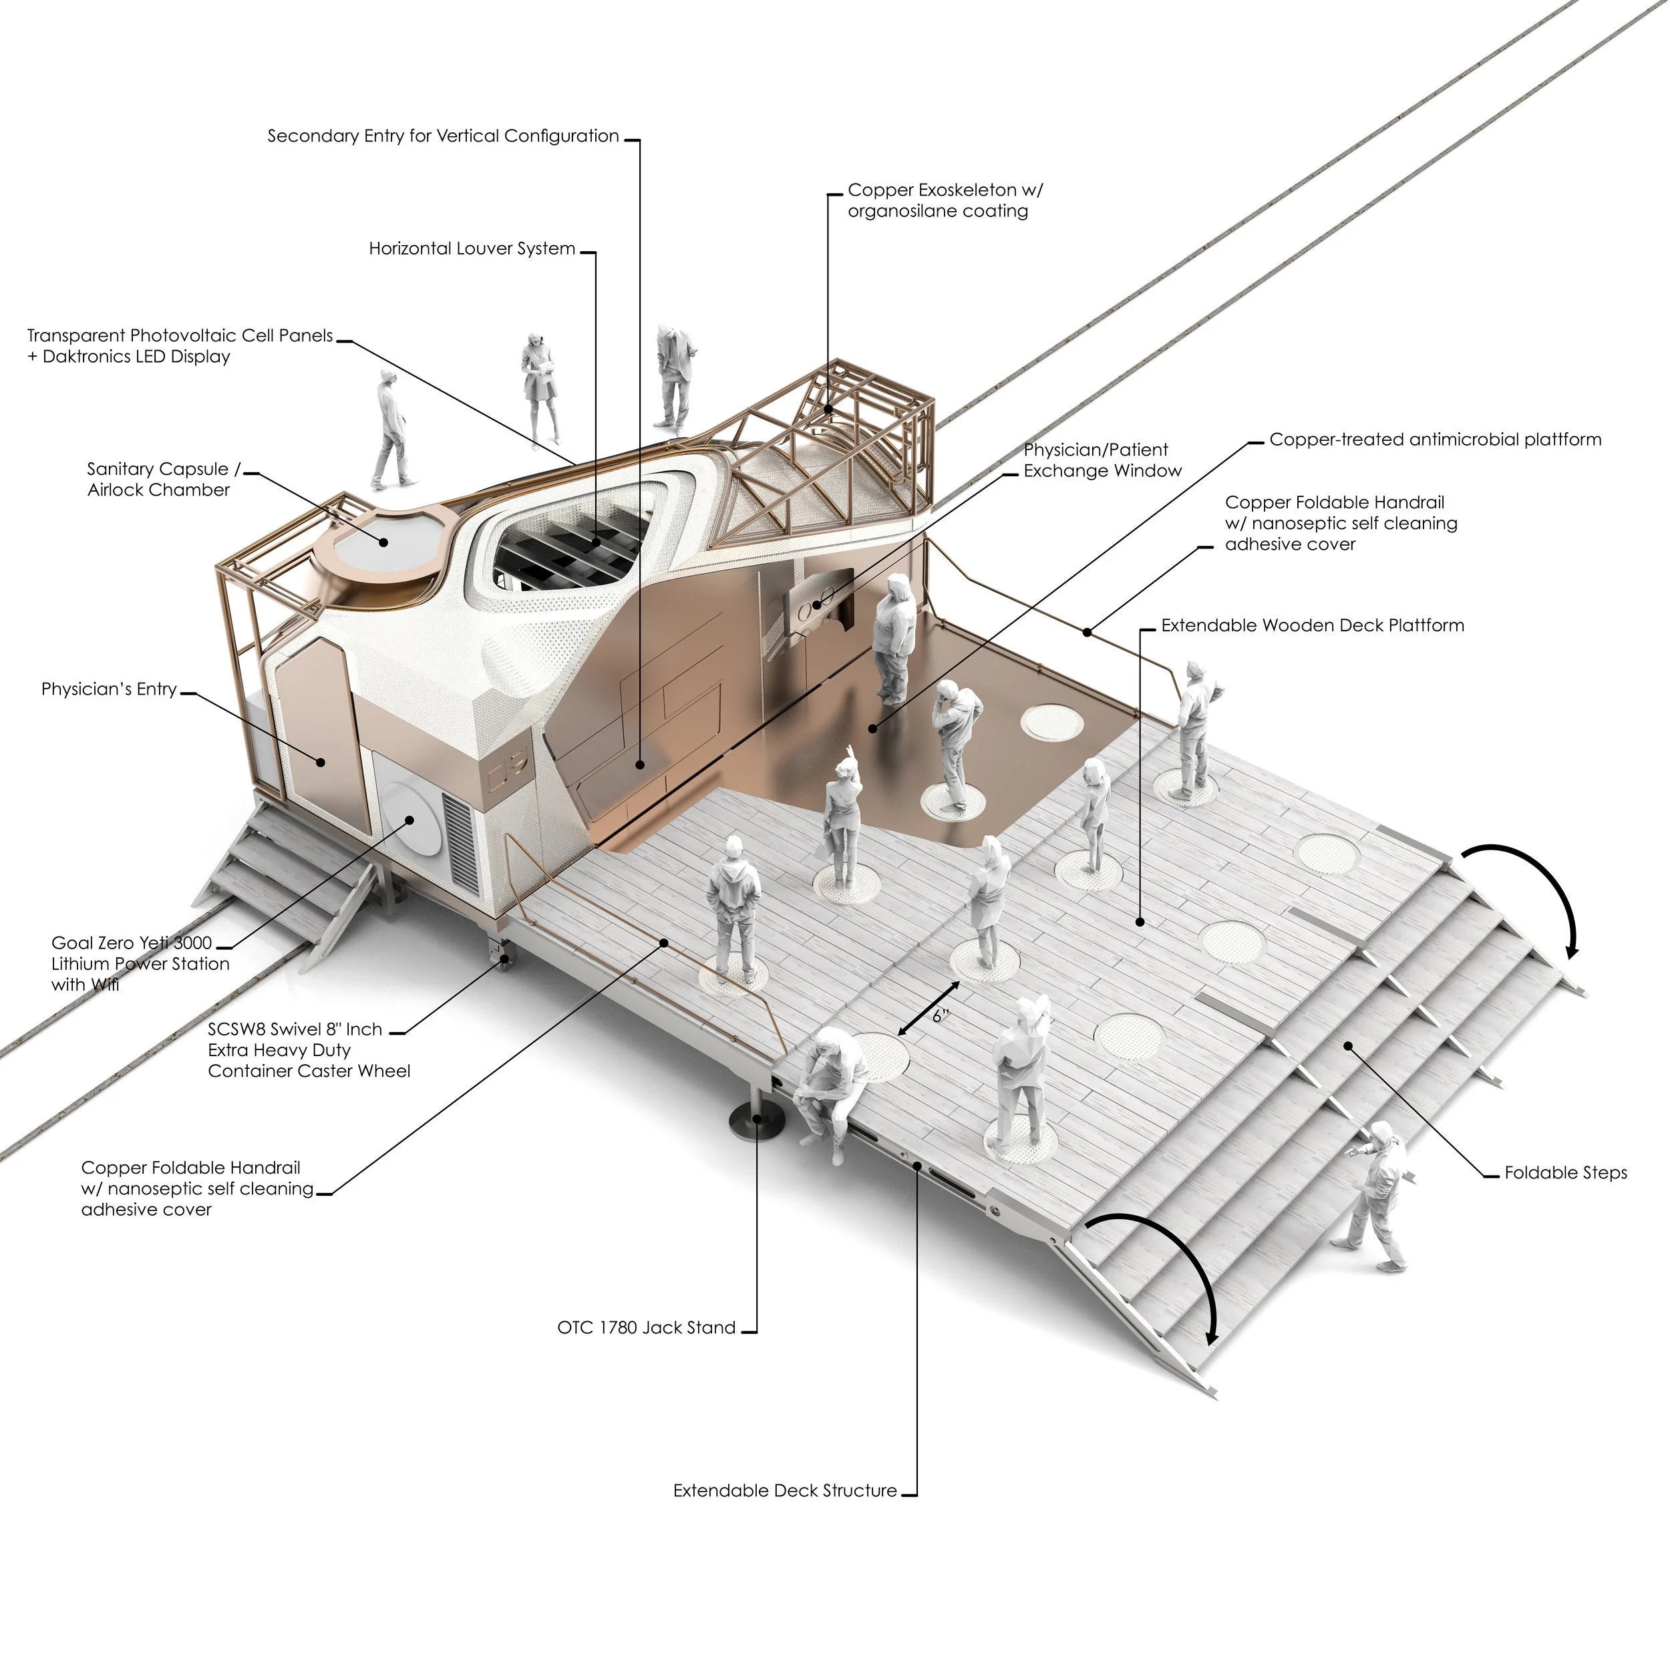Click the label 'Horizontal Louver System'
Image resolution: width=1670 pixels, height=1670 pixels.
[472, 249]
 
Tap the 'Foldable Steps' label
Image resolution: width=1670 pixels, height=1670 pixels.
[1565, 1173]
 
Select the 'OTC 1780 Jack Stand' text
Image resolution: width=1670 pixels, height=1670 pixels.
[647, 1328]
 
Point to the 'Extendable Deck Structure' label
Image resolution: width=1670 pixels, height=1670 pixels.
[785, 1491]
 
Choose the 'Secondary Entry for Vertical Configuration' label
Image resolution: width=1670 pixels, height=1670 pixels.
[443, 136]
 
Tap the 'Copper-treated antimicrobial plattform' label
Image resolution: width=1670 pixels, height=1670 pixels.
[1435, 440]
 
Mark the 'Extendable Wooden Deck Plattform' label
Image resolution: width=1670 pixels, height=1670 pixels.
[1312, 626]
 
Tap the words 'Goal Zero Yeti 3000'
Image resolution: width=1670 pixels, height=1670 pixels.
[132, 943]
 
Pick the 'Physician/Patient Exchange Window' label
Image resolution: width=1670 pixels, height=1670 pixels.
[1102, 461]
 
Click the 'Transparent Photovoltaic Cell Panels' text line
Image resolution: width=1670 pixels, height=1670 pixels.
[180, 336]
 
